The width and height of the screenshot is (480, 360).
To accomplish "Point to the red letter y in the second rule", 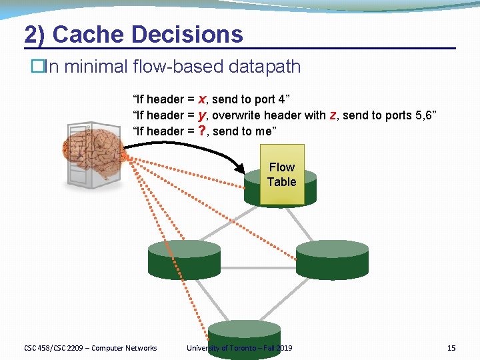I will [x=201, y=115].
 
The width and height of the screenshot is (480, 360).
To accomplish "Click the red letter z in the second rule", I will [x=333, y=115].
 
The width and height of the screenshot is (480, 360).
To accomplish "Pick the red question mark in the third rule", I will [x=202, y=131].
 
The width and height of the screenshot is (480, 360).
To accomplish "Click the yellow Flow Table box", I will [x=281, y=175].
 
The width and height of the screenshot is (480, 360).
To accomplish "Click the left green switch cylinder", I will [x=184, y=259].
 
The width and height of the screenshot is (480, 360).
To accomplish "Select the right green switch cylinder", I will [x=332, y=259].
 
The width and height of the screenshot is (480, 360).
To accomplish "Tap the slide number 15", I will [x=451, y=348].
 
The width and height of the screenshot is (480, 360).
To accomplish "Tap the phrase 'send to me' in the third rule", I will [x=241, y=131].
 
